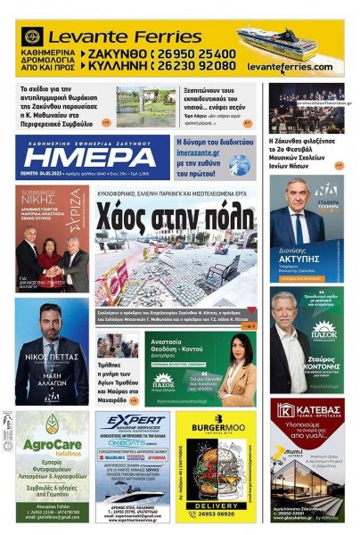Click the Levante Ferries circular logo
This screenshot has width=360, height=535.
[33, 37]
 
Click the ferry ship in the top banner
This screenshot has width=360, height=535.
[288, 40]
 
